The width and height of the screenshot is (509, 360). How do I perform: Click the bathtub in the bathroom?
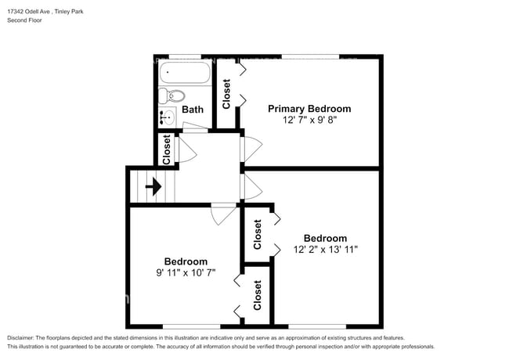tap(185, 74)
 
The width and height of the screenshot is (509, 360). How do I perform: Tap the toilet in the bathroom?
tap(171, 97)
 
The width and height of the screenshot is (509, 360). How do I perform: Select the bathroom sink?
tap(166, 118)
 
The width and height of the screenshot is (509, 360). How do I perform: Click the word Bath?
tap(193, 110)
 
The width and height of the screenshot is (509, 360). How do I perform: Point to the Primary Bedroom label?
tap(309, 109)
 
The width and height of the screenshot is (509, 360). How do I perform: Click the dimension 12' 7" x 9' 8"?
tap(309, 121)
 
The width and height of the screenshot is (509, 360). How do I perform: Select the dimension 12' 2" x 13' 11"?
tap(325, 250)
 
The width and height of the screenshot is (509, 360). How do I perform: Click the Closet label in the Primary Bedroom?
tap(226, 94)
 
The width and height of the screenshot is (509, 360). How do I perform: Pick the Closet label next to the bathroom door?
tap(166, 149)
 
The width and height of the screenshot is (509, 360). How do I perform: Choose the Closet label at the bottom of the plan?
tap(257, 295)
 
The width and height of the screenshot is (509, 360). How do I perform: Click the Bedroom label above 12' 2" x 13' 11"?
tap(325, 238)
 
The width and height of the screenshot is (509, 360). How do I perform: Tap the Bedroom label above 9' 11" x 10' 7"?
tap(186, 261)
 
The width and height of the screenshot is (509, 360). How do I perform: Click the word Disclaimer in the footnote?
tap(23, 337)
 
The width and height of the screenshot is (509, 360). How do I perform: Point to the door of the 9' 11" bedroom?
tap(223, 211)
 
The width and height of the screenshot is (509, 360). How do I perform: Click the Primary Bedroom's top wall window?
tap(310, 56)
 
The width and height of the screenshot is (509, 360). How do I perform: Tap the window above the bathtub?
tap(185, 56)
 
